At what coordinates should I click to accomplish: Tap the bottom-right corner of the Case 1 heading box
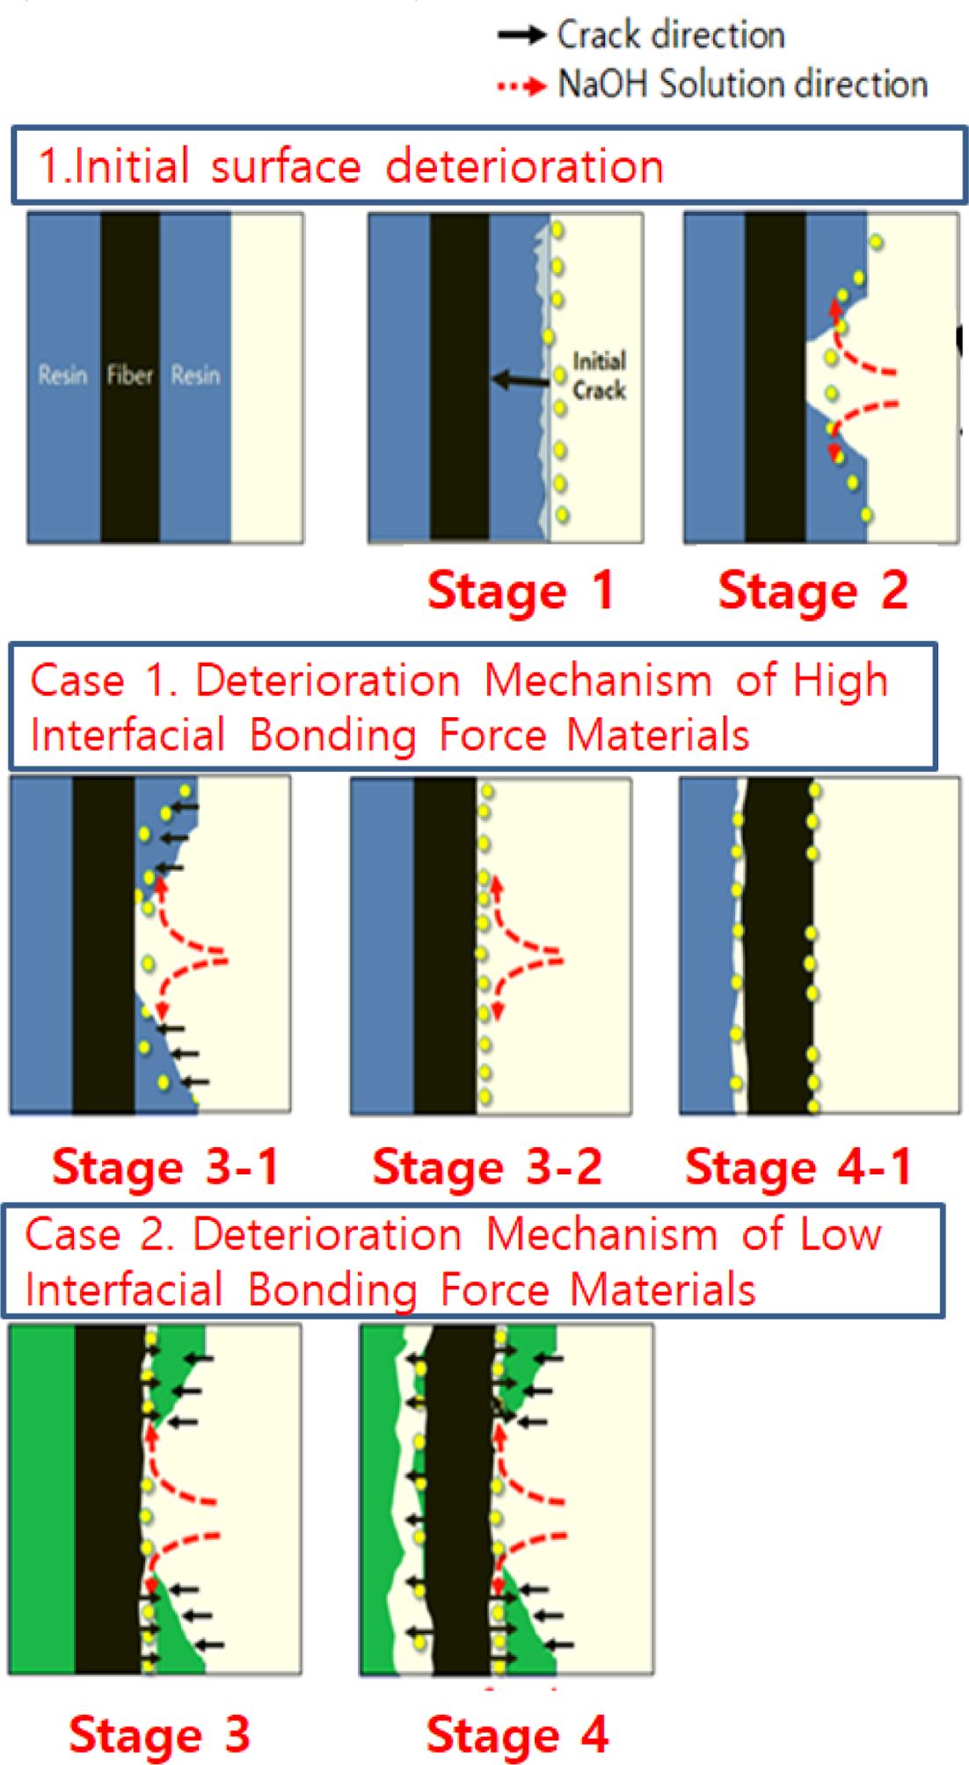[x=936, y=768]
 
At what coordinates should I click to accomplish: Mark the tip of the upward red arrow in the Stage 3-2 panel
[x=497, y=879]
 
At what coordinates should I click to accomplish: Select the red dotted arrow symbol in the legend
[x=522, y=86]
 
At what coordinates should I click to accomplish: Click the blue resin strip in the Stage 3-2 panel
[x=382, y=947]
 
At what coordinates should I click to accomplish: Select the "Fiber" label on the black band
[x=130, y=375]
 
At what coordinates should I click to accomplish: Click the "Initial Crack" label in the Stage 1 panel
[x=600, y=375]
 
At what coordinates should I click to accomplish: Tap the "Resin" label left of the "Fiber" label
[x=62, y=375]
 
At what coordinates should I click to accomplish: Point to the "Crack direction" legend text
[x=671, y=35]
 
